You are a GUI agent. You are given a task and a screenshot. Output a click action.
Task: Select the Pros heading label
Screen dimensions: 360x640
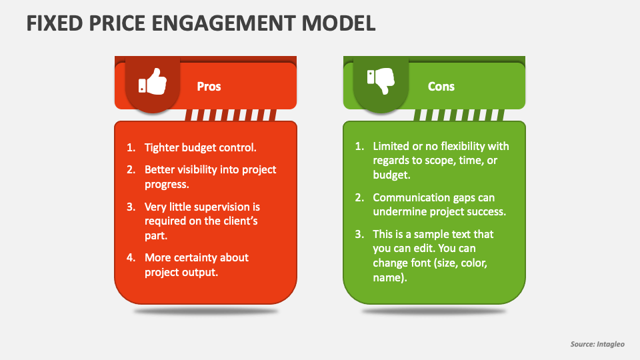coord(209,87)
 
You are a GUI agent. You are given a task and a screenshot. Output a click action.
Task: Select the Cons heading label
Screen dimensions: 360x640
coord(441,87)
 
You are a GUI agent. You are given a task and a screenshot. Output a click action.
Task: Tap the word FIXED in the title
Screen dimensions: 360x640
coord(51,23)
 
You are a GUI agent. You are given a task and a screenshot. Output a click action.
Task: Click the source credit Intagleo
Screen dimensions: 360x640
coord(613,344)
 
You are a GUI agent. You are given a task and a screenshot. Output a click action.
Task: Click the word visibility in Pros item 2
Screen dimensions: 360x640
coord(199,169)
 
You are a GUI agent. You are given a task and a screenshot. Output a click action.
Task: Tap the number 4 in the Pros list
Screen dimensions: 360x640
coord(131,257)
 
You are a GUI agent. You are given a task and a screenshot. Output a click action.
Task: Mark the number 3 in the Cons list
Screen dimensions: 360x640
coord(359,235)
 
